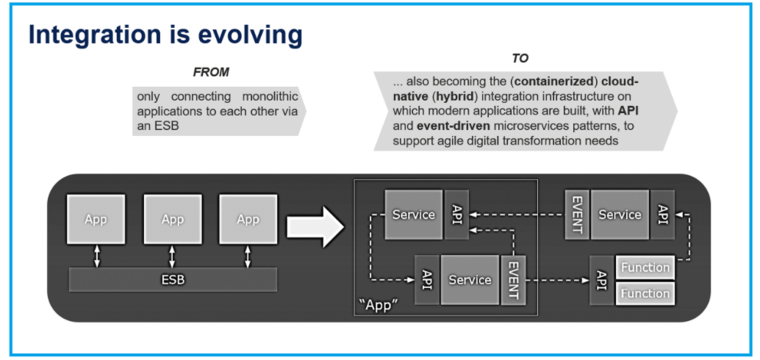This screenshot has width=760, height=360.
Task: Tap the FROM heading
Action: point(211,72)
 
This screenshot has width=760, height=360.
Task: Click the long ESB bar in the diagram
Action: point(173,280)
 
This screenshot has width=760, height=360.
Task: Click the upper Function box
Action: point(645,267)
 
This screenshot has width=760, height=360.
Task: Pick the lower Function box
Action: point(645,293)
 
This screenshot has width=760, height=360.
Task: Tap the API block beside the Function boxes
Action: point(602,280)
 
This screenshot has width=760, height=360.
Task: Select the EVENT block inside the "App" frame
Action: point(512,280)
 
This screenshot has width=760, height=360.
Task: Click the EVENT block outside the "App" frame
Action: point(577,215)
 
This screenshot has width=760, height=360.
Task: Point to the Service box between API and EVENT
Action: point(470,280)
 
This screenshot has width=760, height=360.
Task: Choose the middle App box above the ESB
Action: point(173,219)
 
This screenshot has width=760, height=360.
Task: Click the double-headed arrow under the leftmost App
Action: point(96,256)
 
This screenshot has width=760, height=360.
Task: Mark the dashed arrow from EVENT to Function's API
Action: point(556,280)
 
